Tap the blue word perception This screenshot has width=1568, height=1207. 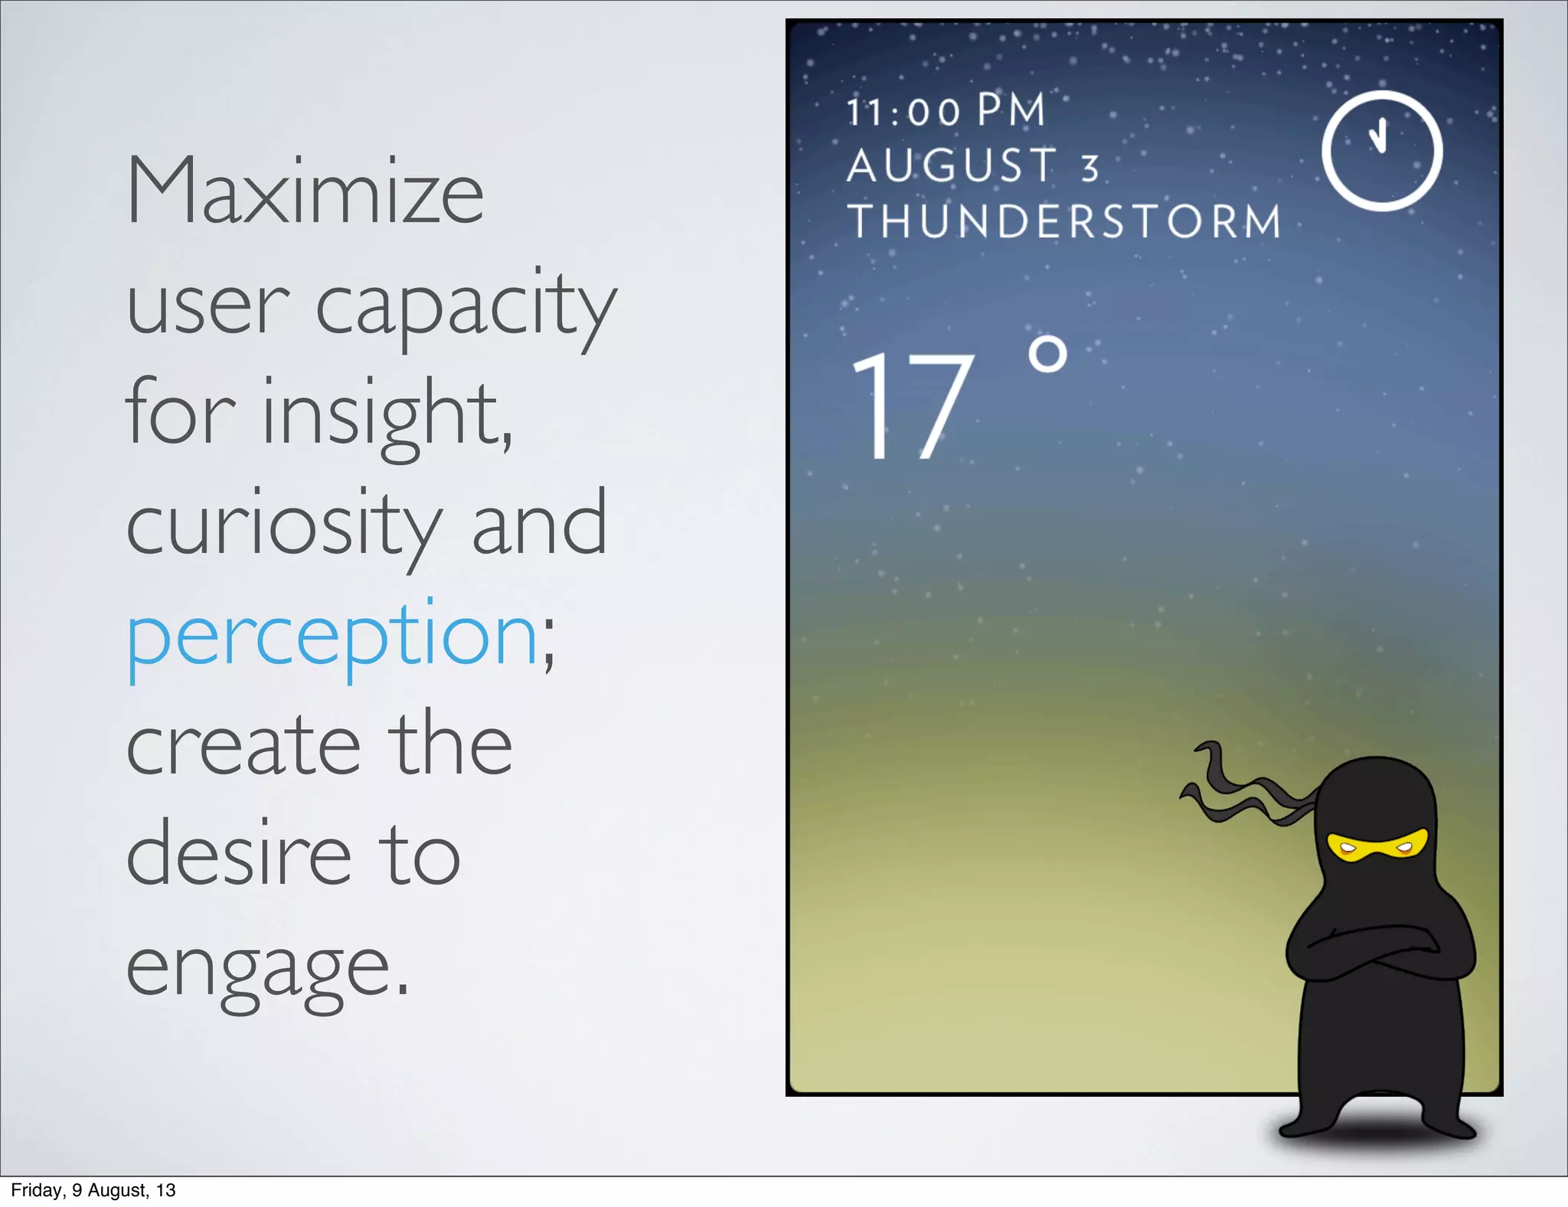point(332,636)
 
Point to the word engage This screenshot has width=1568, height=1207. point(268,970)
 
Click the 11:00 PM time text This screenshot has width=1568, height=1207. point(946,111)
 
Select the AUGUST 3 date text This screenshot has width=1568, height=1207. point(972,166)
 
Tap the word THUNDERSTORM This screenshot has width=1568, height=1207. point(1064,221)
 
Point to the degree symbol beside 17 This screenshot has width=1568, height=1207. point(1047,355)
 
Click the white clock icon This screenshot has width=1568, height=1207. point(1382,151)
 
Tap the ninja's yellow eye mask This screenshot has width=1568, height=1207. point(1377,846)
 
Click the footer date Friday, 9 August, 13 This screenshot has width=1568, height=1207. point(93,1190)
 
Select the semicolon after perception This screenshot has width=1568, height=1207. point(548,648)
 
